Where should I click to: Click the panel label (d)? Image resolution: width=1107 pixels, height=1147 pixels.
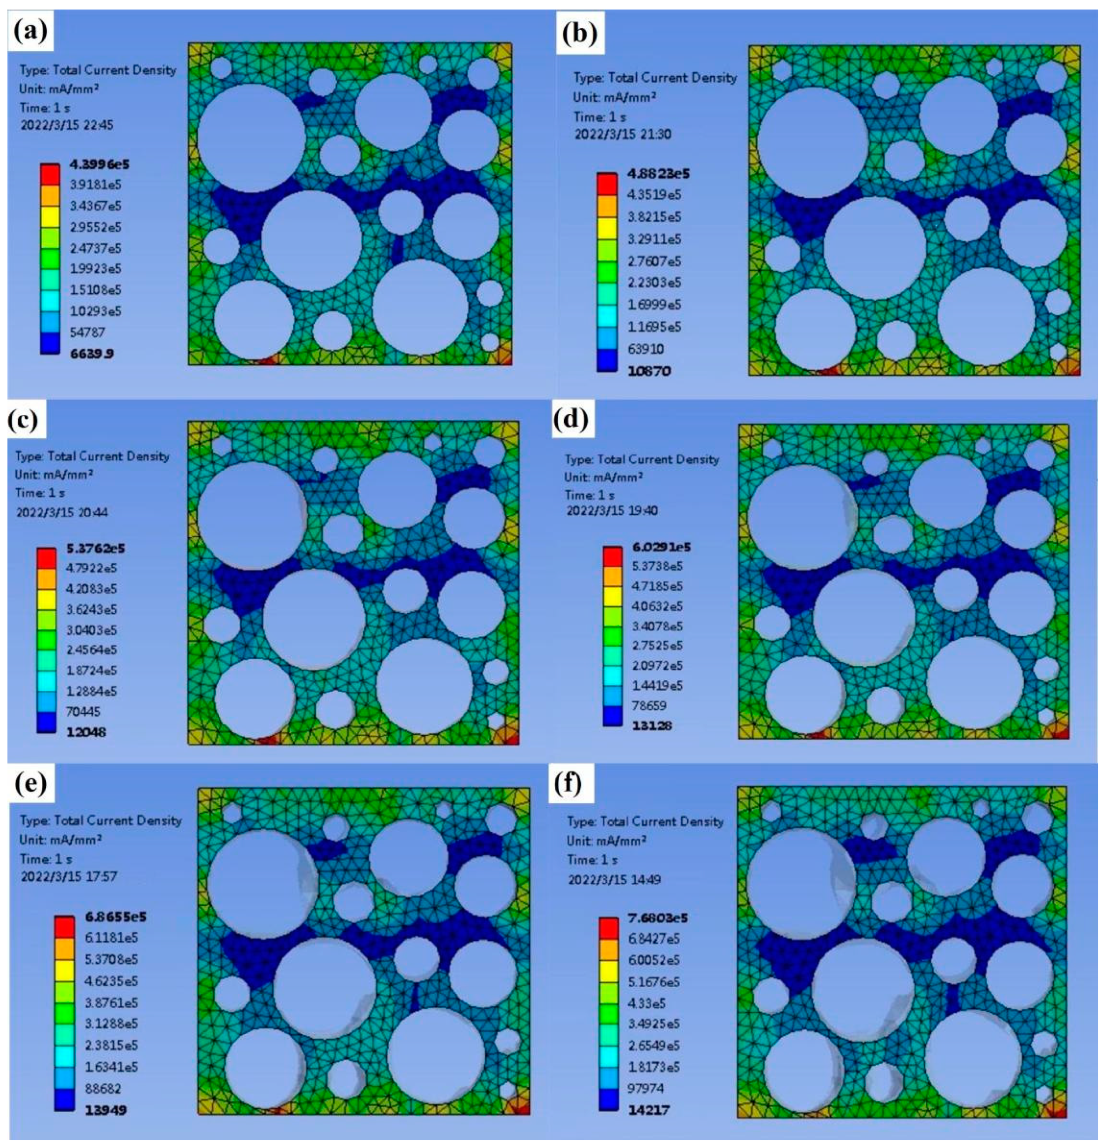point(573,420)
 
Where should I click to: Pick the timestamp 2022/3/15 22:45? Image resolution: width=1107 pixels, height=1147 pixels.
point(66,125)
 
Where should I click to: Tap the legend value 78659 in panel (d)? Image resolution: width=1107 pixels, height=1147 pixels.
point(648,705)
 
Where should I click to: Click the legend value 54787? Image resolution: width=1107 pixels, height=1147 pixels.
point(87,332)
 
